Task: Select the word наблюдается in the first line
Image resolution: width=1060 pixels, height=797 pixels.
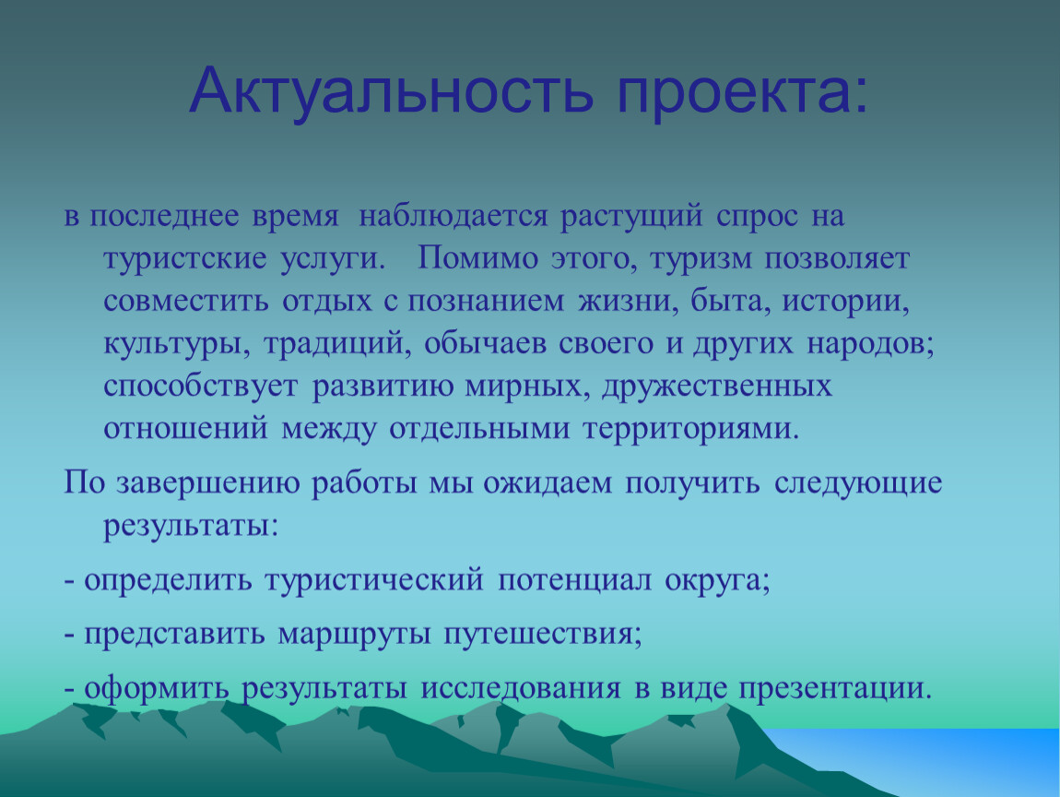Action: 453,217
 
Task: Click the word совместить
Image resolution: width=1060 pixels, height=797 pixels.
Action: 186,302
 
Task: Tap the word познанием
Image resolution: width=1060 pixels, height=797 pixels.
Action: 486,302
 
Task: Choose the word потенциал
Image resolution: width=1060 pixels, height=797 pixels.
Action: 574,581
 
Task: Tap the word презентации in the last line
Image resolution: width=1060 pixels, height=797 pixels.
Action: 835,689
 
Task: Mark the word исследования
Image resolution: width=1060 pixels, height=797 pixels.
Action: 521,689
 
